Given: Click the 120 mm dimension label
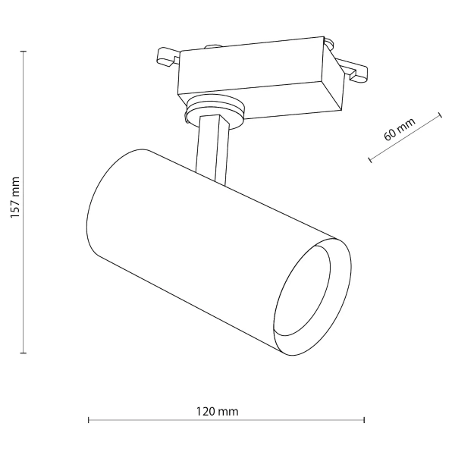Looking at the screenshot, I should tap(218, 412).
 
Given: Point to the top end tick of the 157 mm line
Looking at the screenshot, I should tap(24, 51).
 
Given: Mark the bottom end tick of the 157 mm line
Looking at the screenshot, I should tap(24, 353).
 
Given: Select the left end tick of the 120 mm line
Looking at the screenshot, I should tap(89, 419).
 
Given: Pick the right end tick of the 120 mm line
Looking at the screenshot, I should tap(365, 419).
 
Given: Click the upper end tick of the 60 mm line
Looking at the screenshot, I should tap(440, 115).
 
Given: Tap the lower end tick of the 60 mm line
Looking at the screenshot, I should tap(369, 160).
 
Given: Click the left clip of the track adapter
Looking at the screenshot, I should tap(165, 58).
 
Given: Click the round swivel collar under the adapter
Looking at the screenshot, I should tap(215, 111).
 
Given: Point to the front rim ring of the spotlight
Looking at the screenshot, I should tap(338, 303).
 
